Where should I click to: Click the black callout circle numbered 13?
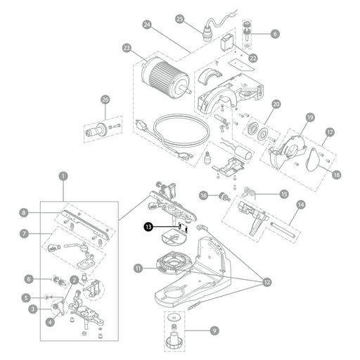[x=148, y=227]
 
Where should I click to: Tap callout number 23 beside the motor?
[x=127, y=49]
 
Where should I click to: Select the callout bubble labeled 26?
[x=105, y=100]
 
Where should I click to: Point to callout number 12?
[x=267, y=282]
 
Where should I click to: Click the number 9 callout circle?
[x=214, y=330]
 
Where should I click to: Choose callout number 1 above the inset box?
[x=63, y=176]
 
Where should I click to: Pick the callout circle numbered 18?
[x=336, y=174]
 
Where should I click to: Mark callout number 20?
[x=276, y=104]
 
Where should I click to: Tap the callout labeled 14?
[x=301, y=205]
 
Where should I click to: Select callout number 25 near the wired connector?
[x=180, y=19]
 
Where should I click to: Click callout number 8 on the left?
[x=24, y=213]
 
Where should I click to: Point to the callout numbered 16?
[x=203, y=195]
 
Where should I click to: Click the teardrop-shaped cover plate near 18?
[x=313, y=160]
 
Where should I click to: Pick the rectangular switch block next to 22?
[x=227, y=42]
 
